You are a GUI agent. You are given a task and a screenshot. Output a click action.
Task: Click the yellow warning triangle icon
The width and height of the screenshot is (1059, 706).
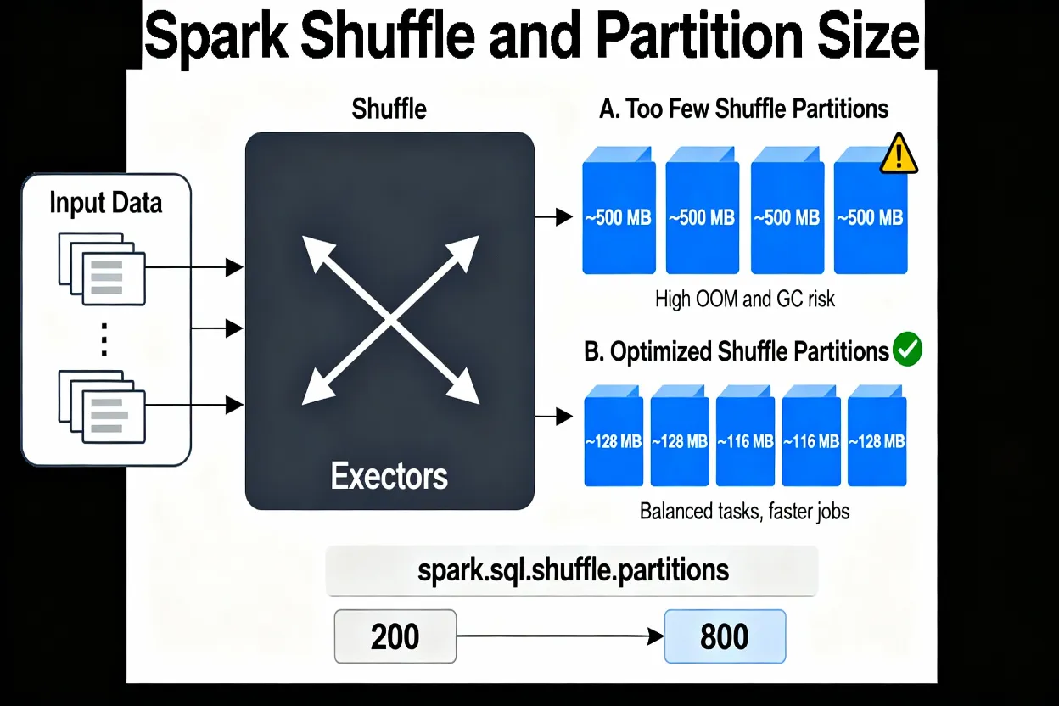[x=899, y=156]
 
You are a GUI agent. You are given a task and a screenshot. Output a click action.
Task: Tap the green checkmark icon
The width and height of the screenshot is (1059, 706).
[x=907, y=350]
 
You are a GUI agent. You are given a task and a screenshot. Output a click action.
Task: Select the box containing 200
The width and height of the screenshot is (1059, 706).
[x=395, y=636]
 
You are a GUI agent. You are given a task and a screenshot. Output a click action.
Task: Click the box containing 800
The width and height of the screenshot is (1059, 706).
[x=725, y=636]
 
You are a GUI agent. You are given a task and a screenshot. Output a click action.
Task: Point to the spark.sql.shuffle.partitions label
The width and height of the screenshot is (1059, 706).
[x=573, y=570]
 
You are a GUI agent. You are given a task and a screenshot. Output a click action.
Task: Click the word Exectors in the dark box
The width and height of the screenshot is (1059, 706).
[x=389, y=476]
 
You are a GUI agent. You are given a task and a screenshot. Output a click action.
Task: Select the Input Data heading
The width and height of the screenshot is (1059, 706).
[x=105, y=204]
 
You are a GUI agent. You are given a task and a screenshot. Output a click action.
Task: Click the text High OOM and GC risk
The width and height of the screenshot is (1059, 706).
[x=745, y=299]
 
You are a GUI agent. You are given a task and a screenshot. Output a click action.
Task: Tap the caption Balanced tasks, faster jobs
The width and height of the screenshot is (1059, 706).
[x=744, y=512]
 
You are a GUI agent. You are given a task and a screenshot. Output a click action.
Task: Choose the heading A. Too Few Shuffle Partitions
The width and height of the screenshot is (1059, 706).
[x=743, y=109]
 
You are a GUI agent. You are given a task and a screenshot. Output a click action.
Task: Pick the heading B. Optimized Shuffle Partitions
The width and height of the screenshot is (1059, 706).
[x=737, y=351]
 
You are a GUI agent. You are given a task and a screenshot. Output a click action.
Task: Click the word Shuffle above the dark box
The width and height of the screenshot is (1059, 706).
[x=389, y=109]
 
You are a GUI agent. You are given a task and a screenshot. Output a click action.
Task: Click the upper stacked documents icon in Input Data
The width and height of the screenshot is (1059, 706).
[x=103, y=268]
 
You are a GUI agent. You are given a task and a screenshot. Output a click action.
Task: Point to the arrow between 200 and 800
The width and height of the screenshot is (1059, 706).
[x=560, y=636]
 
